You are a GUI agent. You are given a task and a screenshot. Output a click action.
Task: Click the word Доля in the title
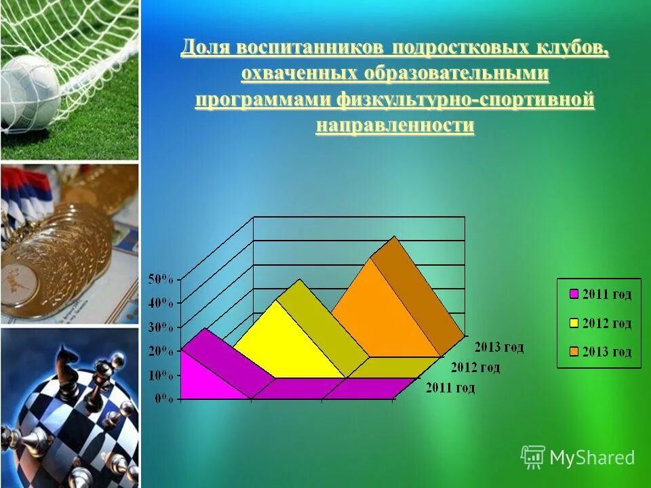tap(206, 49)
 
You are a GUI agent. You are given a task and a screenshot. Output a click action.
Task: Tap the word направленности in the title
tap(395, 125)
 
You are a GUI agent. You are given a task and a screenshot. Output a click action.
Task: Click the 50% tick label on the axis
tap(161, 279)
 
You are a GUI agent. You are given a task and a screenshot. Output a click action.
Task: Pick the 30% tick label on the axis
tap(161, 327)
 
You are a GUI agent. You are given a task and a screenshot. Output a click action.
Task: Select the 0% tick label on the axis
tap(164, 399)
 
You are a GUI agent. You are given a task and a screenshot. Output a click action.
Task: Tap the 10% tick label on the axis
tap(161, 375)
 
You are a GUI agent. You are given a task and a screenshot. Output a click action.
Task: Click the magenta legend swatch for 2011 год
tap(573, 294)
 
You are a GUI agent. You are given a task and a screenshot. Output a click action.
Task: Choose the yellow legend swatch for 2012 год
tap(573, 323)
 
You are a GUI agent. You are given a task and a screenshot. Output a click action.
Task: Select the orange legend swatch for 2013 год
tap(573, 352)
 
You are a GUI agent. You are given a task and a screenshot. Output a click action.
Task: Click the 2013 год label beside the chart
tap(498, 347)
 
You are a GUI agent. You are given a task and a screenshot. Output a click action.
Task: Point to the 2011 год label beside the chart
tap(450, 388)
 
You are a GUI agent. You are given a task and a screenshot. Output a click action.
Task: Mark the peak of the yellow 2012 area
tap(276, 300)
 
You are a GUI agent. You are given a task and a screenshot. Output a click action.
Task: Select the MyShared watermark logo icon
tap(533, 457)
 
